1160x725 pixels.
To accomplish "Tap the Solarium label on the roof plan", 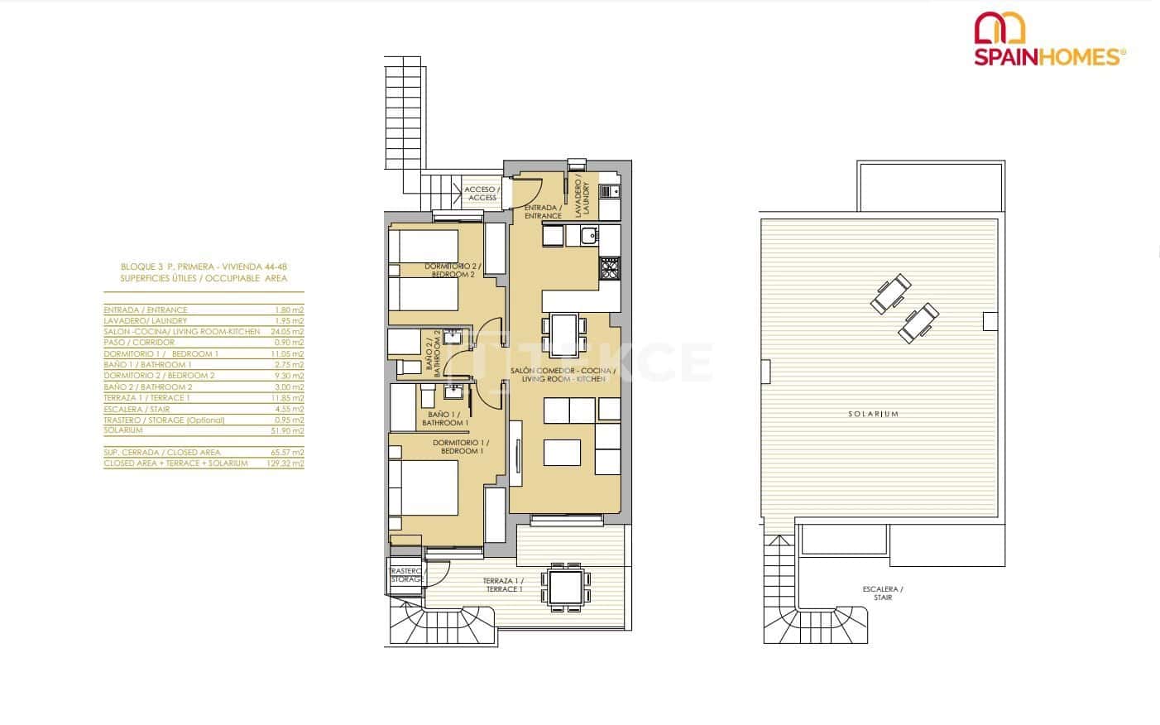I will point(884,414).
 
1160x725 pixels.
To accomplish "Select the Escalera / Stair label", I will point(883,593).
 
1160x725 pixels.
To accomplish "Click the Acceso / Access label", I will point(482,194).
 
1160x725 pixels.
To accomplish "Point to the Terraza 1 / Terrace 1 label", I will point(503,585).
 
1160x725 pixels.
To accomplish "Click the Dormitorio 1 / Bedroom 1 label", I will point(458,447).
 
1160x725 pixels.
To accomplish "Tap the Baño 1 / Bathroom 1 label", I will point(444,419).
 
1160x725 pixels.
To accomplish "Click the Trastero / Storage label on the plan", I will point(405,575).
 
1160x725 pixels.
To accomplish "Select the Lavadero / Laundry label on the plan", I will point(583,199).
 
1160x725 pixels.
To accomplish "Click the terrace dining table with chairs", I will point(566,588).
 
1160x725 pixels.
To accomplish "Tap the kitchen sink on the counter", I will point(589,237).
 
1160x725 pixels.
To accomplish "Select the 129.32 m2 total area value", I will point(288,463).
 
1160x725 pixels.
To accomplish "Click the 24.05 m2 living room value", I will point(288,331).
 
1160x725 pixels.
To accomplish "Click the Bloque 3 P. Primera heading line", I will point(204,267).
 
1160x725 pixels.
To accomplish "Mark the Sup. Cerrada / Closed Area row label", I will point(162,453).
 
